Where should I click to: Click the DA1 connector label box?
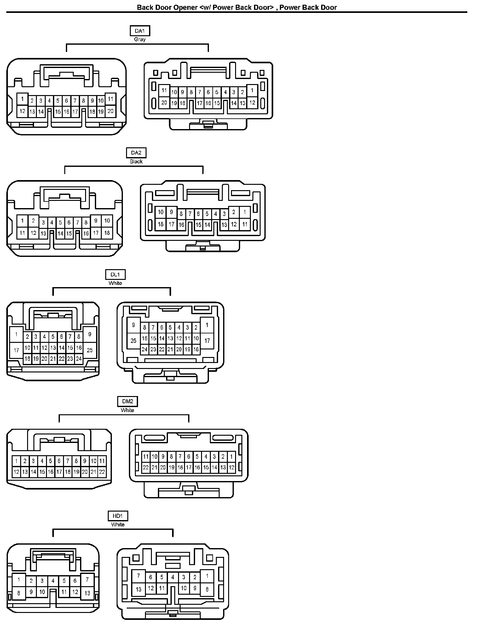tap(140, 31)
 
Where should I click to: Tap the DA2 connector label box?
tap(136, 153)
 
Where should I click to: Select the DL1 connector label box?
tap(115, 275)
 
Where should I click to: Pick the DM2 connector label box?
tap(128, 401)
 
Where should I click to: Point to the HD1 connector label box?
tap(118, 516)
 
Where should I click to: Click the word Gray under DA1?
tap(140, 40)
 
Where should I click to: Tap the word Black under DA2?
tap(136, 161)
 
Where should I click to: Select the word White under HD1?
tap(118, 525)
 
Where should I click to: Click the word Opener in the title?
tap(185, 8)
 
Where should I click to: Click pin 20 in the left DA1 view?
tap(110, 111)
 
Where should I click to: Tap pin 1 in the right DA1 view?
tap(252, 90)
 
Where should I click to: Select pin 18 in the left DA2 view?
tap(107, 233)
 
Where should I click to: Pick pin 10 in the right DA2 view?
tap(161, 212)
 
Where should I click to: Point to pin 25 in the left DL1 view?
tap(90, 350)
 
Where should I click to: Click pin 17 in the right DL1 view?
tap(207, 341)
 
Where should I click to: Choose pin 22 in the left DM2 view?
tap(102, 472)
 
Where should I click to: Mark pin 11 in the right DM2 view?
tap(146, 456)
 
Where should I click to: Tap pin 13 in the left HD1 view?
tap(87, 593)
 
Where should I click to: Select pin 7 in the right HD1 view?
tap(139, 576)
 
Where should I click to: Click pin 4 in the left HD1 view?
tap(53, 581)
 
